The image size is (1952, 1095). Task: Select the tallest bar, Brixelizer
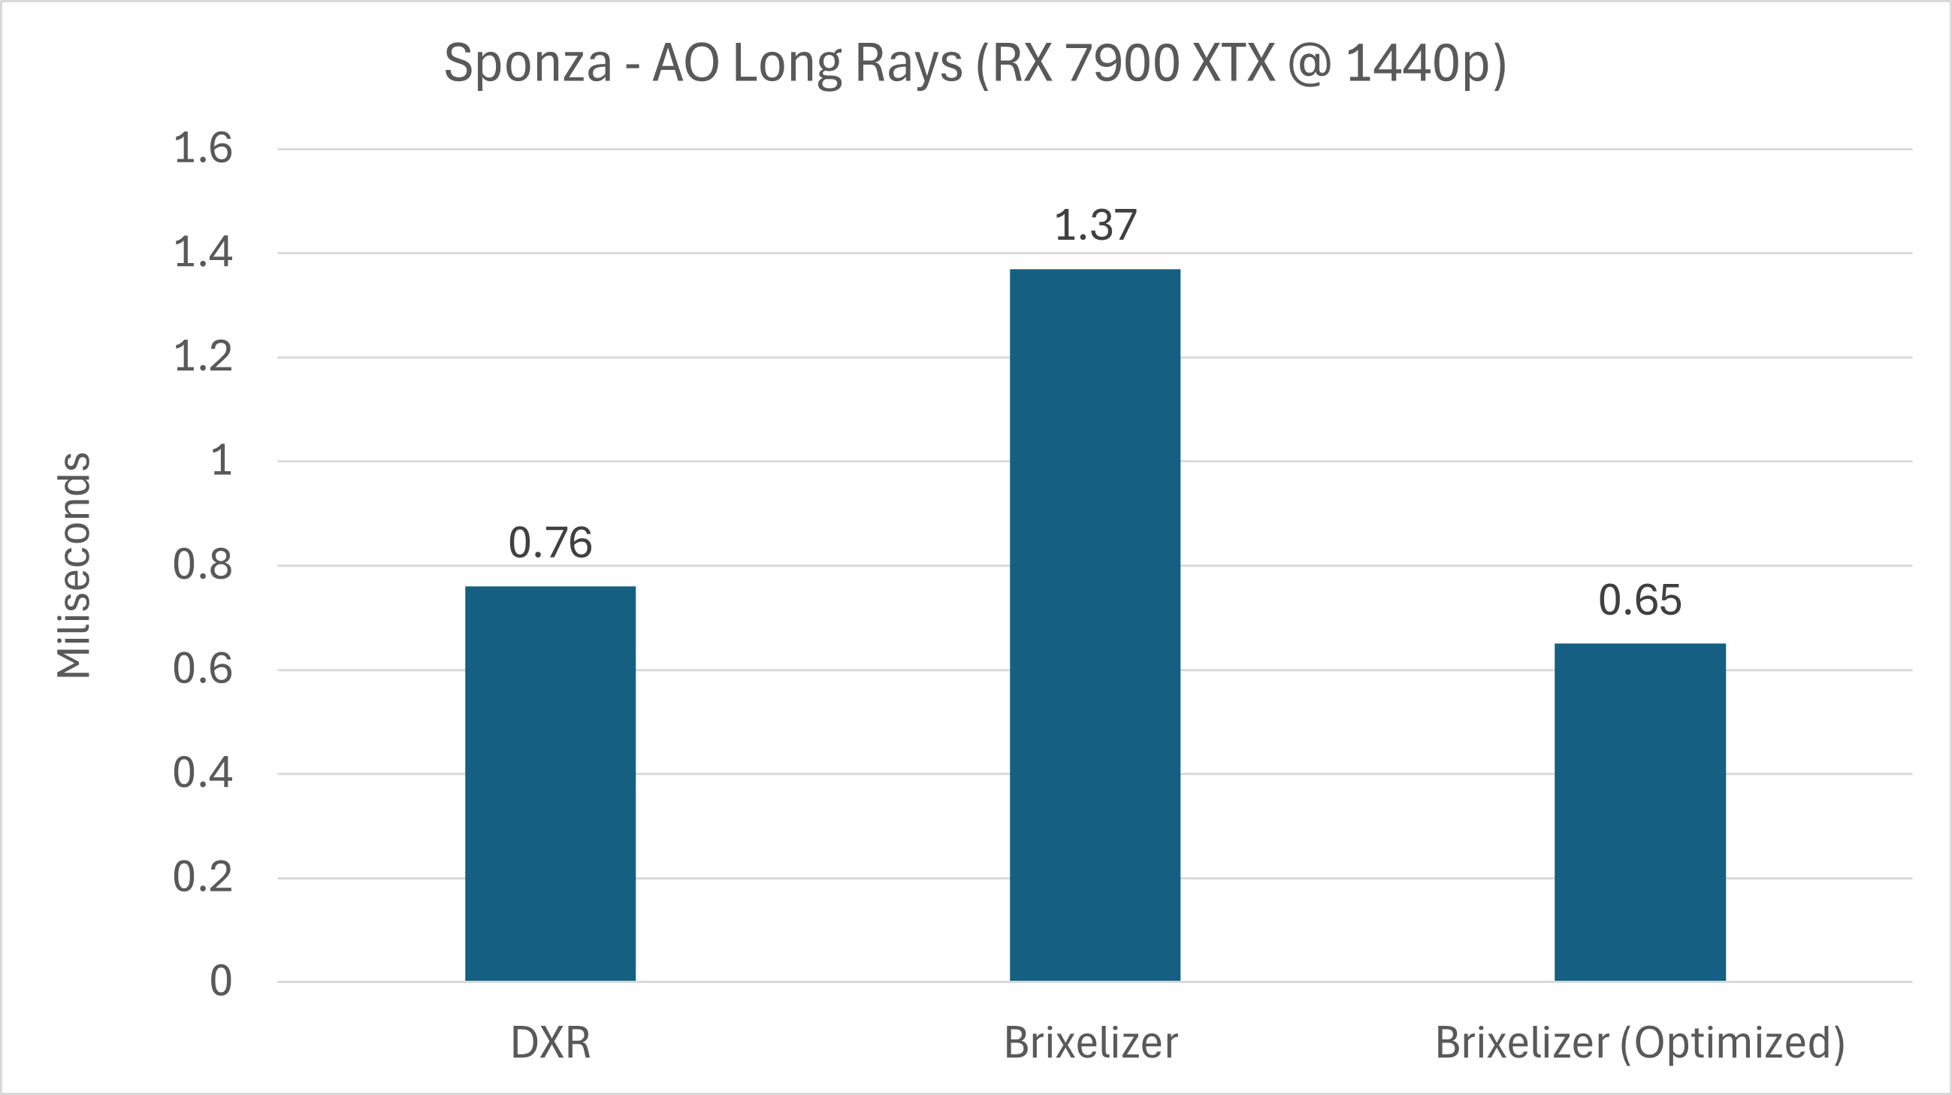coord(1094,625)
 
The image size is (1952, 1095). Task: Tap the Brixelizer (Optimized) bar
coord(1639,812)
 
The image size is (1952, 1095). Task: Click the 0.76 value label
coord(550,543)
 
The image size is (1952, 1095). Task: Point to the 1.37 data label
coord(1095,225)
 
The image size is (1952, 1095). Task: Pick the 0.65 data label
coord(1639,600)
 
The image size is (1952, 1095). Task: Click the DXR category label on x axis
coord(550,1042)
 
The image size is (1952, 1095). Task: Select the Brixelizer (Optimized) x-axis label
coord(1639,1042)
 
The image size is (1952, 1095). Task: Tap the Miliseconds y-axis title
coord(74,564)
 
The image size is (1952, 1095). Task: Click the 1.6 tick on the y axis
coord(202,148)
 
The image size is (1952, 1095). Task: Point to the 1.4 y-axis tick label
coord(202,253)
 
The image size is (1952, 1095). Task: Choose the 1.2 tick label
coord(202,356)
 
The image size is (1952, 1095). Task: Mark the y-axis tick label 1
coord(220,461)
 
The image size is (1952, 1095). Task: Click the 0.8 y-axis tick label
coord(202,564)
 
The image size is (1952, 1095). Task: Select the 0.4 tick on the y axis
coord(202,773)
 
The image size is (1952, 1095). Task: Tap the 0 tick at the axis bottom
coord(220,982)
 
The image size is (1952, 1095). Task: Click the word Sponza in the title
coord(527,64)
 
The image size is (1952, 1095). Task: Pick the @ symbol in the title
coord(1309,64)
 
